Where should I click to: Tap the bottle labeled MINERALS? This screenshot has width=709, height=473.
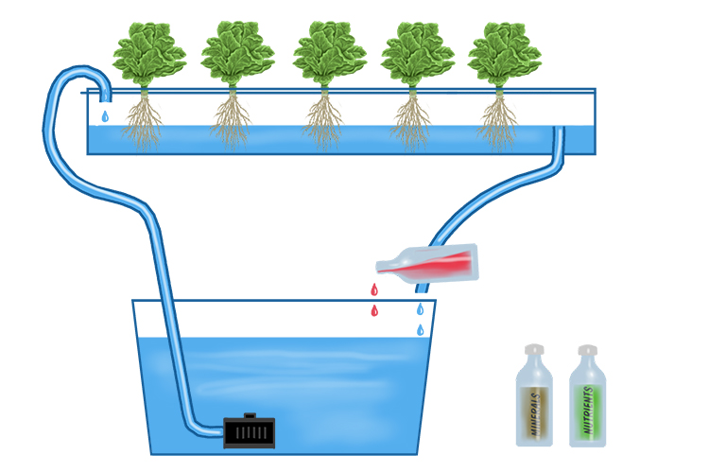(534, 402)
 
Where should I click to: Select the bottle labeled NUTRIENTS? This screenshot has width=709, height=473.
(587, 402)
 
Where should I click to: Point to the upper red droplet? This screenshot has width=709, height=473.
(374, 289)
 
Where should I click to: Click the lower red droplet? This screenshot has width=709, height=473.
(374, 310)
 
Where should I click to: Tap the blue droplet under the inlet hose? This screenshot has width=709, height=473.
(105, 116)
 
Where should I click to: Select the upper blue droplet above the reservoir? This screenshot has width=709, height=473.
(421, 308)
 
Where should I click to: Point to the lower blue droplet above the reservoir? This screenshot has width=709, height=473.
(421, 329)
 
